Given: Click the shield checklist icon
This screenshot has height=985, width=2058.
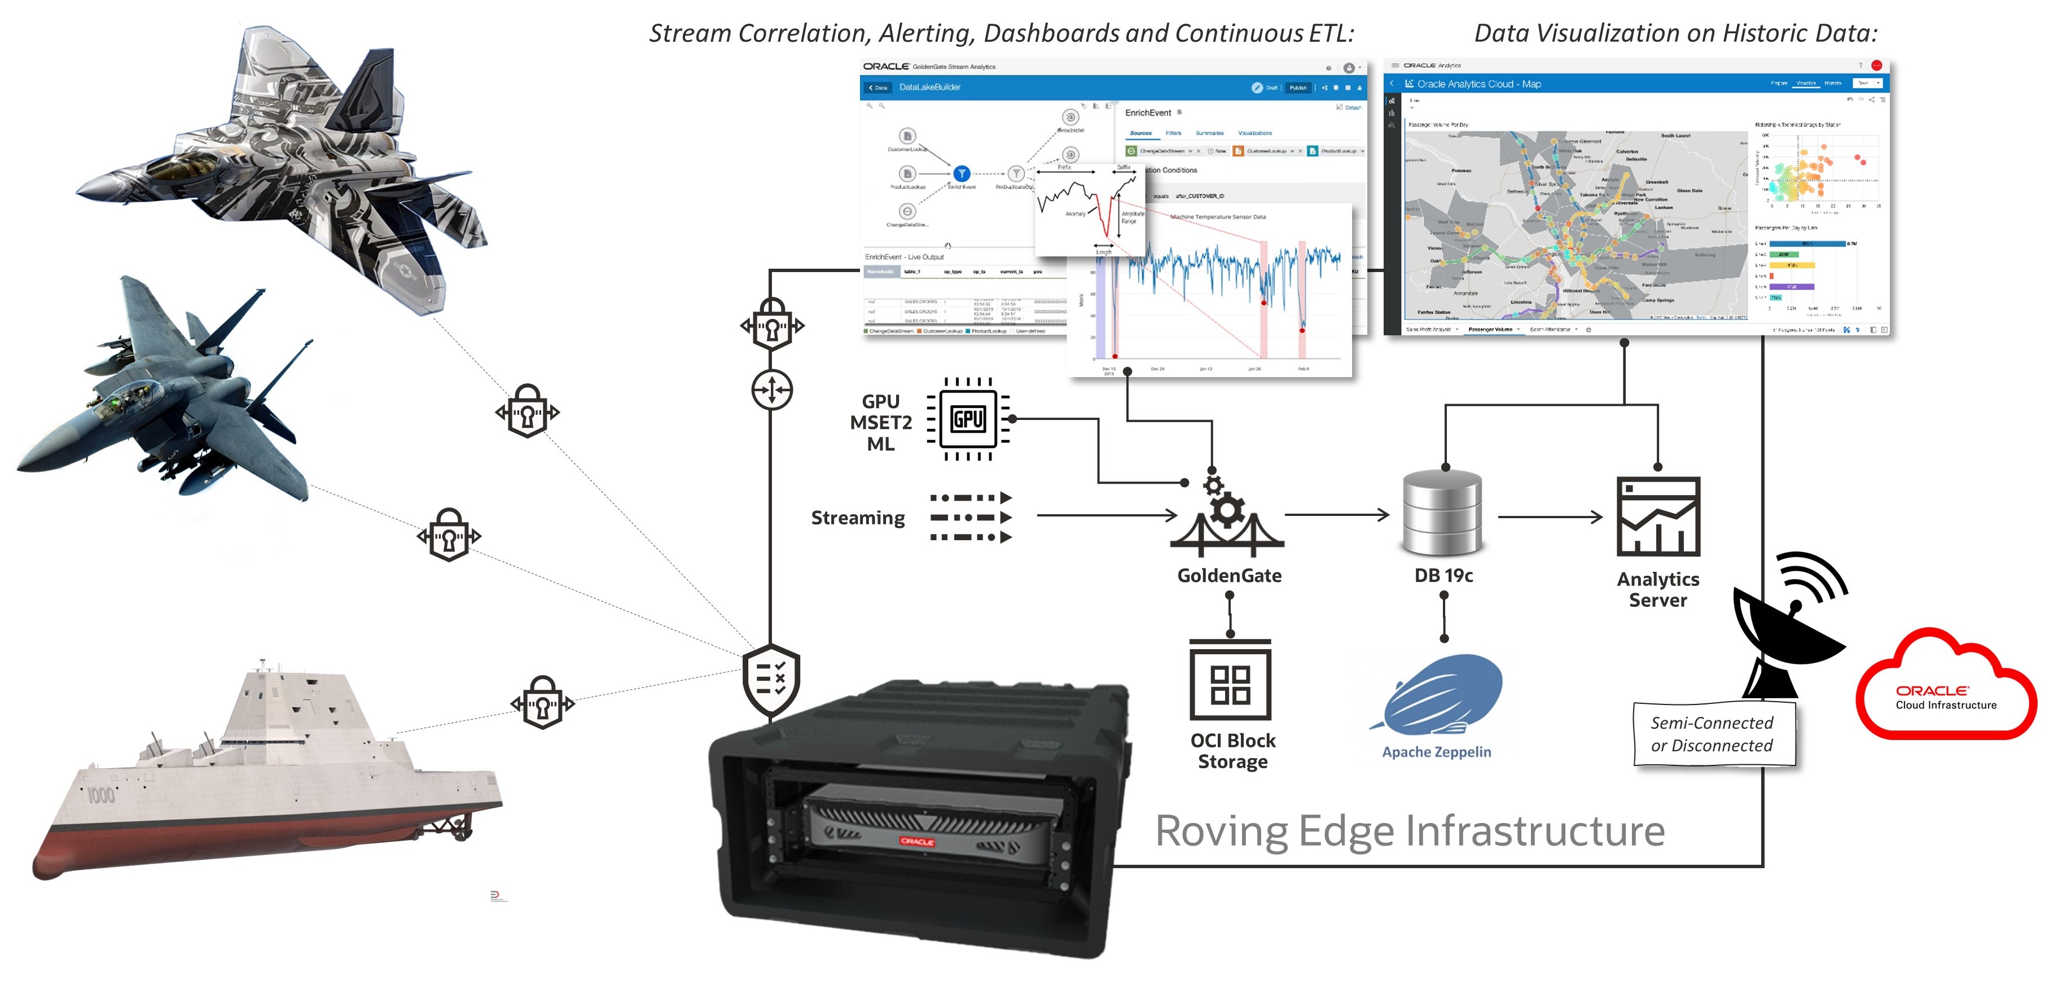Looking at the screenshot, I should point(770,679).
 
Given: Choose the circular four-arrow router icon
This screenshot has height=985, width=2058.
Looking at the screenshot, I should point(772,390).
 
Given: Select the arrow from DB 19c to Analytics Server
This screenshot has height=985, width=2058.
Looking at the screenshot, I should point(1550,517).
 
